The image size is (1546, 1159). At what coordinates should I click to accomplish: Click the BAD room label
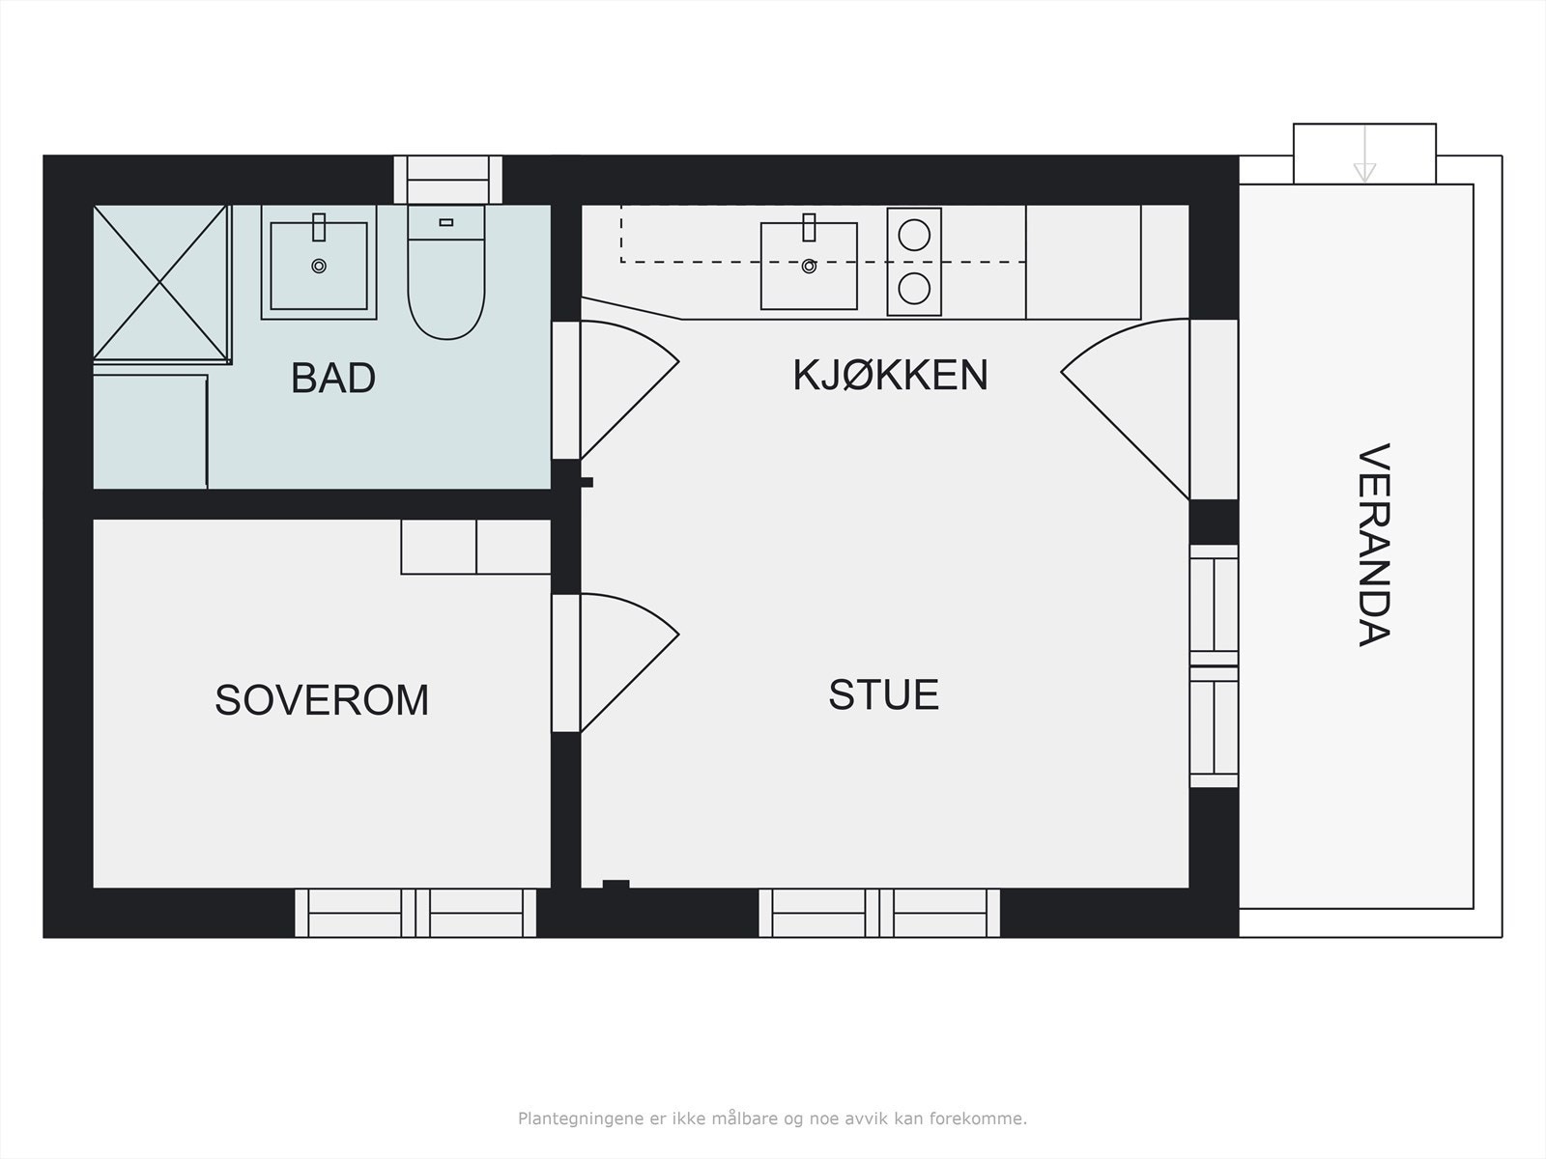332,378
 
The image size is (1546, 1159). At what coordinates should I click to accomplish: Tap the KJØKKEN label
890,375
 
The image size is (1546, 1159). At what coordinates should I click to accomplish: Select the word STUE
883,694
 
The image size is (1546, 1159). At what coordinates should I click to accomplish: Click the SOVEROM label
322,699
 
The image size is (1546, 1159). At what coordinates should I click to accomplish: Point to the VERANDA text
1373,545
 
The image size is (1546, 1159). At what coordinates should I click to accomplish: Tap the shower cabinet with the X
160,283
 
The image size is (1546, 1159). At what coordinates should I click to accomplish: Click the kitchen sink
809,266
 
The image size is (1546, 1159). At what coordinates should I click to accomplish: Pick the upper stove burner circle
914,235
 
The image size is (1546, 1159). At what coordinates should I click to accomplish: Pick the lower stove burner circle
914,288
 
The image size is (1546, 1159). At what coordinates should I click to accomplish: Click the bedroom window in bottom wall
415,913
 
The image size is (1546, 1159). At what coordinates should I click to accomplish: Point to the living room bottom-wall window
879,913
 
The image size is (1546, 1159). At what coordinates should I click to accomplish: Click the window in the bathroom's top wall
447,179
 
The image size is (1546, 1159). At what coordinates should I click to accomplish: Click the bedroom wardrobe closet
475,547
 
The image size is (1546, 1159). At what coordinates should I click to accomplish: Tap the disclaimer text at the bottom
772,1119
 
